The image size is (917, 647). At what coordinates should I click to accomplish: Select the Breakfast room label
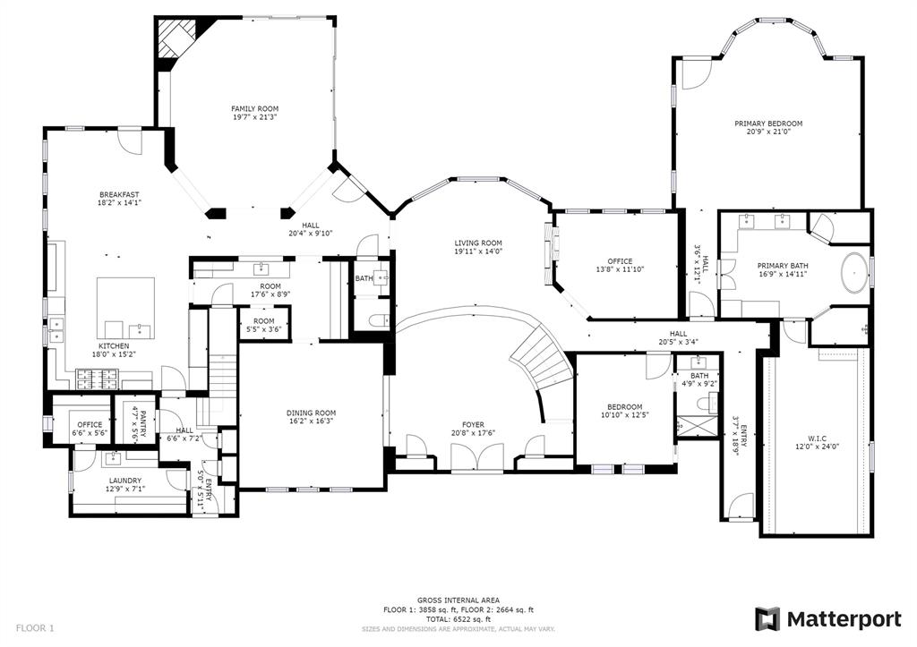119,194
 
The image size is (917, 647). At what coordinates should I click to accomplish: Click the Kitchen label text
114,345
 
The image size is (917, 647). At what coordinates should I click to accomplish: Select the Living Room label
477,243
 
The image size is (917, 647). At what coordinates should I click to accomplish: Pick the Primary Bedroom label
767,123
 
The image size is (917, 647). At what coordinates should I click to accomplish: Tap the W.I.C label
816,438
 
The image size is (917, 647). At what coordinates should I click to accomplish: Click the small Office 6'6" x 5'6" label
90,424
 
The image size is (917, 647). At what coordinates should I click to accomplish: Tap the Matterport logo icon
767,618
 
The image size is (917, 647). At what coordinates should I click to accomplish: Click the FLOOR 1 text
35,628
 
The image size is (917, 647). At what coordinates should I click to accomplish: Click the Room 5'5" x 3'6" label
263,321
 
